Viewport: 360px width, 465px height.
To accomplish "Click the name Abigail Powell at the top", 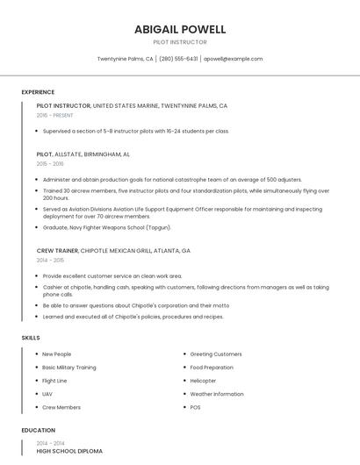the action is point(180,29).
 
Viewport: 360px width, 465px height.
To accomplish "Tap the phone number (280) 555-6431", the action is point(178,59).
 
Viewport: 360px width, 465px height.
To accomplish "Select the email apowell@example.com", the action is point(234,59).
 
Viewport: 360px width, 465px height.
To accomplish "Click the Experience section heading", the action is point(38,92).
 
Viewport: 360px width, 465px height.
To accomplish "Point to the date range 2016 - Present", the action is point(55,115).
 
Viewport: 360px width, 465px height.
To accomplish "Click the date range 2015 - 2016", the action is point(50,163).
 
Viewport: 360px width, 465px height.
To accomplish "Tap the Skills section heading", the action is point(31,338).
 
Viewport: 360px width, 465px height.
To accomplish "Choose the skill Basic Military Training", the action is point(69,368).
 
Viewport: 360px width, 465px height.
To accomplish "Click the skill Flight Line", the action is point(54,381).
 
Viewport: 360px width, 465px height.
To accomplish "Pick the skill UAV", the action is point(47,394).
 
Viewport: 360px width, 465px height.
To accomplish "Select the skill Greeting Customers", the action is point(216,354).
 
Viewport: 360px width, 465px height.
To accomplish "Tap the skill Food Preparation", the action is point(212,368).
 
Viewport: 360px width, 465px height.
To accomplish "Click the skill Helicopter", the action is point(203,381).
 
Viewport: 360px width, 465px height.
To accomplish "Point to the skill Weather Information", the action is point(217,394).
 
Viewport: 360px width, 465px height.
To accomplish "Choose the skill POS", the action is point(195,407).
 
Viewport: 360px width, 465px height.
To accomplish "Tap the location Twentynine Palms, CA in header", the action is point(125,59).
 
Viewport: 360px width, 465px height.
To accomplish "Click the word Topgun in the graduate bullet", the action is point(158,227).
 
